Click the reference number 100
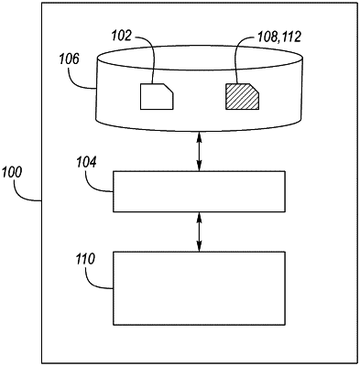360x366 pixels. coord(12,172)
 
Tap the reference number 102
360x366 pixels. coord(121,36)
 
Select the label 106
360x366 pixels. coord(69,59)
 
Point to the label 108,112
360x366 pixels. coord(278,37)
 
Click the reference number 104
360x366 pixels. coord(86,162)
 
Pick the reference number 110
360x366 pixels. coord(85,259)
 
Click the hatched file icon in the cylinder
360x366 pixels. coord(243,96)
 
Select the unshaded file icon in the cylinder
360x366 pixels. coord(157,96)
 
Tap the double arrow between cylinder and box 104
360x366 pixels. coord(200,151)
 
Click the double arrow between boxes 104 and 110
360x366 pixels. coord(200,231)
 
